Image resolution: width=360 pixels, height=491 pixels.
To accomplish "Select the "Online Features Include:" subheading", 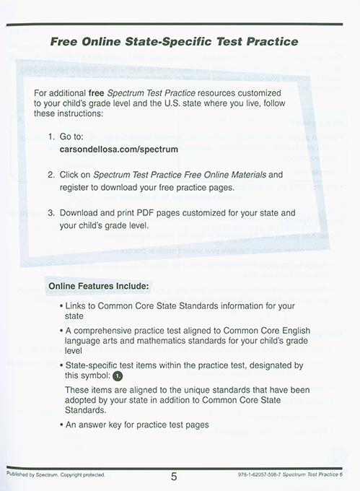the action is pyautogui.click(x=98, y=286).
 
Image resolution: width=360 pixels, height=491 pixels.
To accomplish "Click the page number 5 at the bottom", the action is pyautogui.click(x=175, y=476).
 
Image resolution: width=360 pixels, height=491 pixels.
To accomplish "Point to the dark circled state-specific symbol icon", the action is pyautogui.click(x=118, y=376).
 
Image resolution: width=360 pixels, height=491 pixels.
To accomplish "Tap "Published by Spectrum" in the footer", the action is pyautogui.click(x=32, y=475).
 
